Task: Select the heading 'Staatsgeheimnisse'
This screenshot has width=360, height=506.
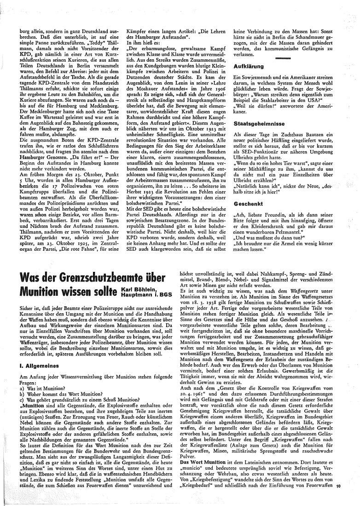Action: pyautogui.click(x=257, y=123)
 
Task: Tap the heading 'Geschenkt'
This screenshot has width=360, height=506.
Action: pyautogui.click(x=249, y=203)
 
